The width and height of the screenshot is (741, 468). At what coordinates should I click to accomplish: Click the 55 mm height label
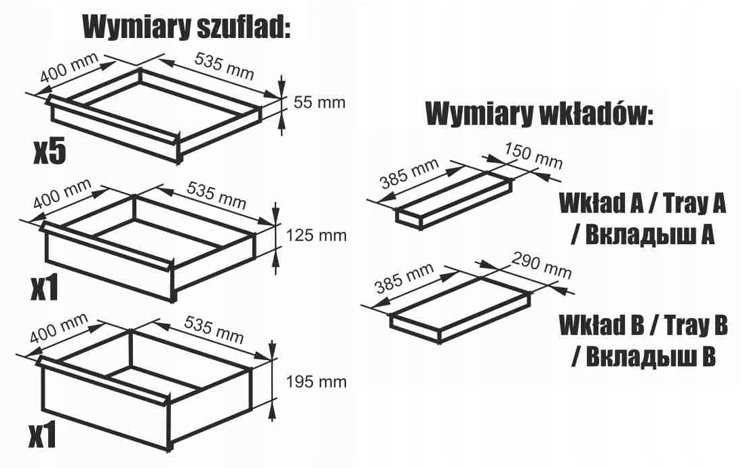(x=319, y=102)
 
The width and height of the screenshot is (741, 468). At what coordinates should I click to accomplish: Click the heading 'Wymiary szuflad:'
(x=186, y=29)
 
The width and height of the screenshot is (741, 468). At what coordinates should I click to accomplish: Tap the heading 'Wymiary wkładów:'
(x=539, y=114)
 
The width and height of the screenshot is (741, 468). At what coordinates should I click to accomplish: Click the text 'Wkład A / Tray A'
(x=642, y=203)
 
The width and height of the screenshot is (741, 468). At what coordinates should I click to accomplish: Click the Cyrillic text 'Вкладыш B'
(x=643, y=355)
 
